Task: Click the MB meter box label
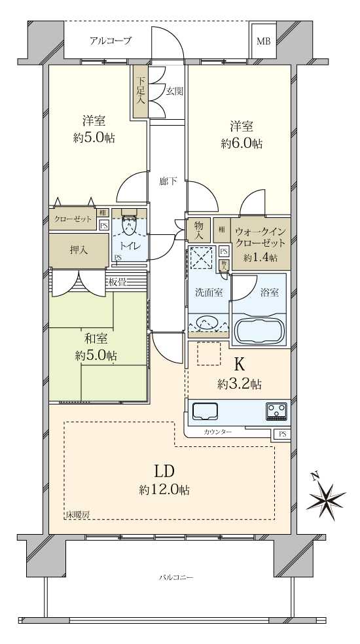[263, 42]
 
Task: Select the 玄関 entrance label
[173, 91]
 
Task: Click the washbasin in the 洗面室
[207, 323]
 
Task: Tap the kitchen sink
[206, 410]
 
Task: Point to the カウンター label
[217, 433]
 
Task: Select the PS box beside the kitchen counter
[282, 434]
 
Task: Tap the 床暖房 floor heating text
[77, 516]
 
